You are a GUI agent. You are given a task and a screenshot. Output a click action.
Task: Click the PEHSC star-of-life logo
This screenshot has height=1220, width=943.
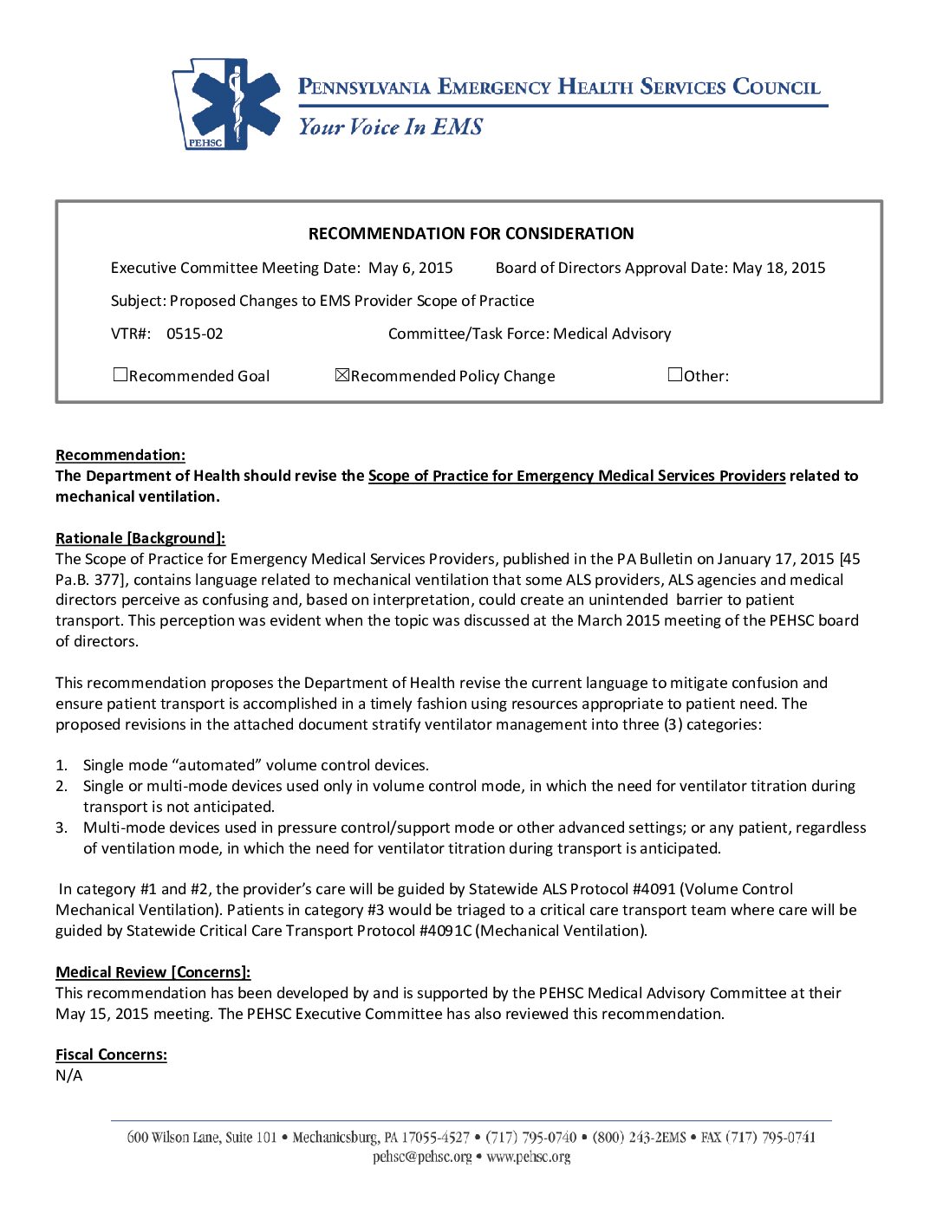coord(228,104)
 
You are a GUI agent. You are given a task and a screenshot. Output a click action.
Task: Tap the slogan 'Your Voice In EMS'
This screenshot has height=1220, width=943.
coord(390,127)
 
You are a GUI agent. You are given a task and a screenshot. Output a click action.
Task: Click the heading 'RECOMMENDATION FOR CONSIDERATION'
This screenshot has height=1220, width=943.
coord(471,234)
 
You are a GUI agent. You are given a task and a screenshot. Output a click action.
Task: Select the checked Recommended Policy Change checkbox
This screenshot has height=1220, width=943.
coord(341,375)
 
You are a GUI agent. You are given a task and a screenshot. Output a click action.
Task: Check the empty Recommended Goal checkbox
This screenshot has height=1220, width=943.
coord(120,375)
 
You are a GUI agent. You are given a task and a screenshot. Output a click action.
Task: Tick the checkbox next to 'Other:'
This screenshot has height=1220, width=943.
coord(675,375)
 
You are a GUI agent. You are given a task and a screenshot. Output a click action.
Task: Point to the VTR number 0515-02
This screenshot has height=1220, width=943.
coord(195,334)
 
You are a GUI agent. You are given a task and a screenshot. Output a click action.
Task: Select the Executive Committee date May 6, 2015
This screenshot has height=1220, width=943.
coord(411,269)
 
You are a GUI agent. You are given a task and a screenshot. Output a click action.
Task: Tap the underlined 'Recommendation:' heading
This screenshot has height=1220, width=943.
coord(120,456)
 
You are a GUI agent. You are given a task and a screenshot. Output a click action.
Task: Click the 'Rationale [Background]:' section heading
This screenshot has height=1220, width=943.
coord(140,539)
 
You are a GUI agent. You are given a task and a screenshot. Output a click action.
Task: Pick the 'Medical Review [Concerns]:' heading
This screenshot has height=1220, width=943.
coord(153,973)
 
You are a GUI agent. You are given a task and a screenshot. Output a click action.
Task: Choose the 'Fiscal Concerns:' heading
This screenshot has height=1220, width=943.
coord(111,1055)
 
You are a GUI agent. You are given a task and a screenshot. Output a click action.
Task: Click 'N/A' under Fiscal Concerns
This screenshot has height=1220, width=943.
coord(69,1076)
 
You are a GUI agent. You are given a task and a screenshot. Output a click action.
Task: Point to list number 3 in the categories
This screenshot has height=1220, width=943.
coord(62,828)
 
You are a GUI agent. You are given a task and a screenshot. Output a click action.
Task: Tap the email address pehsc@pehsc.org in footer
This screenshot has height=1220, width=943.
coord(422,1158)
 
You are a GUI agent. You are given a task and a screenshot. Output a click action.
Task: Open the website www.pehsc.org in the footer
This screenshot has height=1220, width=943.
coord(529,1158)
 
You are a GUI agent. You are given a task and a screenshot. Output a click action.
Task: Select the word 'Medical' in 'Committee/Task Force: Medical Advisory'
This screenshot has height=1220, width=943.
coord(582,334)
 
